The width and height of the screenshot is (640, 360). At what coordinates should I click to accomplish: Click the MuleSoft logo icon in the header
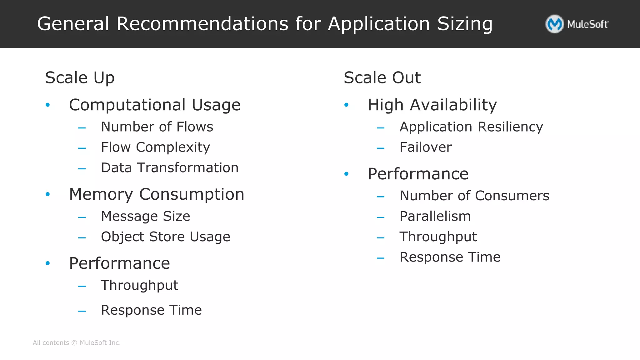point(554,24)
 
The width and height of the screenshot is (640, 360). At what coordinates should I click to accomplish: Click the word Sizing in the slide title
point(465,24)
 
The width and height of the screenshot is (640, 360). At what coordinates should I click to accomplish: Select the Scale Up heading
point(80,78)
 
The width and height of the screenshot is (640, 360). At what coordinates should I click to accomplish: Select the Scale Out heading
point(382,78)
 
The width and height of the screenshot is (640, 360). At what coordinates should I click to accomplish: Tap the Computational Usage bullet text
point(155,105)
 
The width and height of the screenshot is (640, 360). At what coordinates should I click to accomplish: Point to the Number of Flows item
point(157,127)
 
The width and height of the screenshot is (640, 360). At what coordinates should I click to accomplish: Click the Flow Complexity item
point(155,147)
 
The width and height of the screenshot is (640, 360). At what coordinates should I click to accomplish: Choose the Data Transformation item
point(170,168)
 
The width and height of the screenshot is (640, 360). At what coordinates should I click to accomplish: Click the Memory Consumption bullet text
point(157,194)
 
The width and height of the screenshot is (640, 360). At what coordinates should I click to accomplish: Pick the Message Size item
point(145,216)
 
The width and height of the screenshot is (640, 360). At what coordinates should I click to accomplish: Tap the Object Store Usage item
point(165,237)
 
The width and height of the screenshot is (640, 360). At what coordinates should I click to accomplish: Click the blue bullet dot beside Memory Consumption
point(47,194)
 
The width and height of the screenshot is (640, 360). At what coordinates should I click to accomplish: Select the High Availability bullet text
point(432,105)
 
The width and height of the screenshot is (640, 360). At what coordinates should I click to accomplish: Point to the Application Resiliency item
point(471,127)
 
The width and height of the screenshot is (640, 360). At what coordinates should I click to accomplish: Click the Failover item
point(426,147)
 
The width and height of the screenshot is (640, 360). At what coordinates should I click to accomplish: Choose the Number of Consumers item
point(474,196)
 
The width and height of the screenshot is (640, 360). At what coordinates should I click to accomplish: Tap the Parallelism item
point(435,216)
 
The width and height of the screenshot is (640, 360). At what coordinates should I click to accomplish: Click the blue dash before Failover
point(380,148)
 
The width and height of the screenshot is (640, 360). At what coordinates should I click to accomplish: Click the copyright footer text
point(77,343)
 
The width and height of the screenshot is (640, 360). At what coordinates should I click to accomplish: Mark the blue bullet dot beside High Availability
point(346,105)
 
